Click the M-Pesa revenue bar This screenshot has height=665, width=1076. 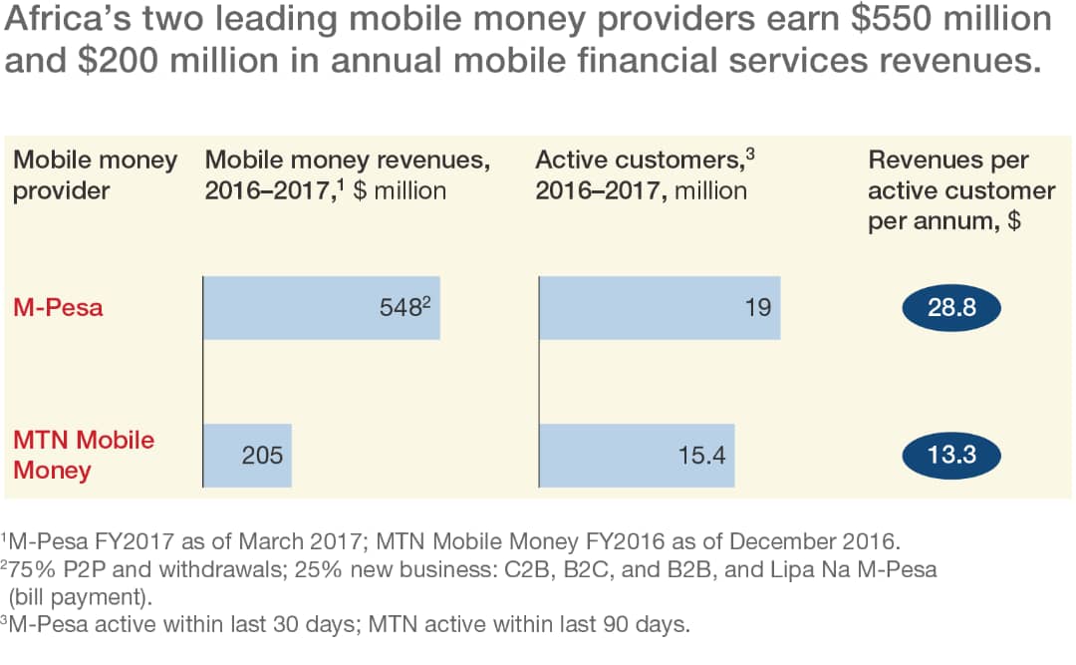tap(321, 307)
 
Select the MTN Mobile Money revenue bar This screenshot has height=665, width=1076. tap(247, 456)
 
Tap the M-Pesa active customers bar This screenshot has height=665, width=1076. tap(659, 307)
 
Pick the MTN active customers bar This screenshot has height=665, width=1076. tap(636, 456)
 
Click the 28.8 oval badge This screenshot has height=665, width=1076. tap(950, 307)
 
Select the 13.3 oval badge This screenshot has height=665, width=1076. tap(950, 456)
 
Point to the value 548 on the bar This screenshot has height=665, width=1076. tap(401, 307)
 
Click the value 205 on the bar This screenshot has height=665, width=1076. tap(262, 456)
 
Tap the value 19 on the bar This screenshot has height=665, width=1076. tap(758, 307)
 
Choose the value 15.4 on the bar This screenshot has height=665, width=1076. tap(700, 456)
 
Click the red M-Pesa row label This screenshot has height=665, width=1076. tap(58, 307)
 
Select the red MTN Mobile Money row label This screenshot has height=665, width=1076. tap(84, 455)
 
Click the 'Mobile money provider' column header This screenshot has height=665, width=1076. tap(95, 174)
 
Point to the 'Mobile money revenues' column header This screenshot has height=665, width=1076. tap(347, 174)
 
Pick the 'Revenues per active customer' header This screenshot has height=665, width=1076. tap(961, 189)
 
